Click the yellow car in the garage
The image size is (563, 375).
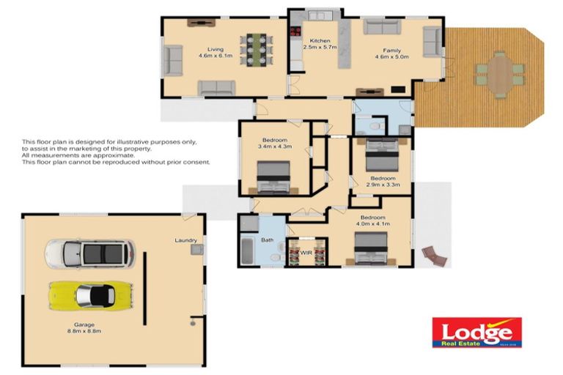click(89, 296)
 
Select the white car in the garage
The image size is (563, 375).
click(89, 253)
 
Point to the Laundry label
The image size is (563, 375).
click(186, 240)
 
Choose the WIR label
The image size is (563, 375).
click(306, 253)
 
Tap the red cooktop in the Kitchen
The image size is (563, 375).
click(297, 31)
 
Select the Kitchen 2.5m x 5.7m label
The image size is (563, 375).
click(320, 44)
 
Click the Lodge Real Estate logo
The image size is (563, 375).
click(476, 333)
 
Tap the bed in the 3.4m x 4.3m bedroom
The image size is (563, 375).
click(273, 178)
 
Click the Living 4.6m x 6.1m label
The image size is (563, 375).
click(215, 53)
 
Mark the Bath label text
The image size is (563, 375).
click(268, 240)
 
